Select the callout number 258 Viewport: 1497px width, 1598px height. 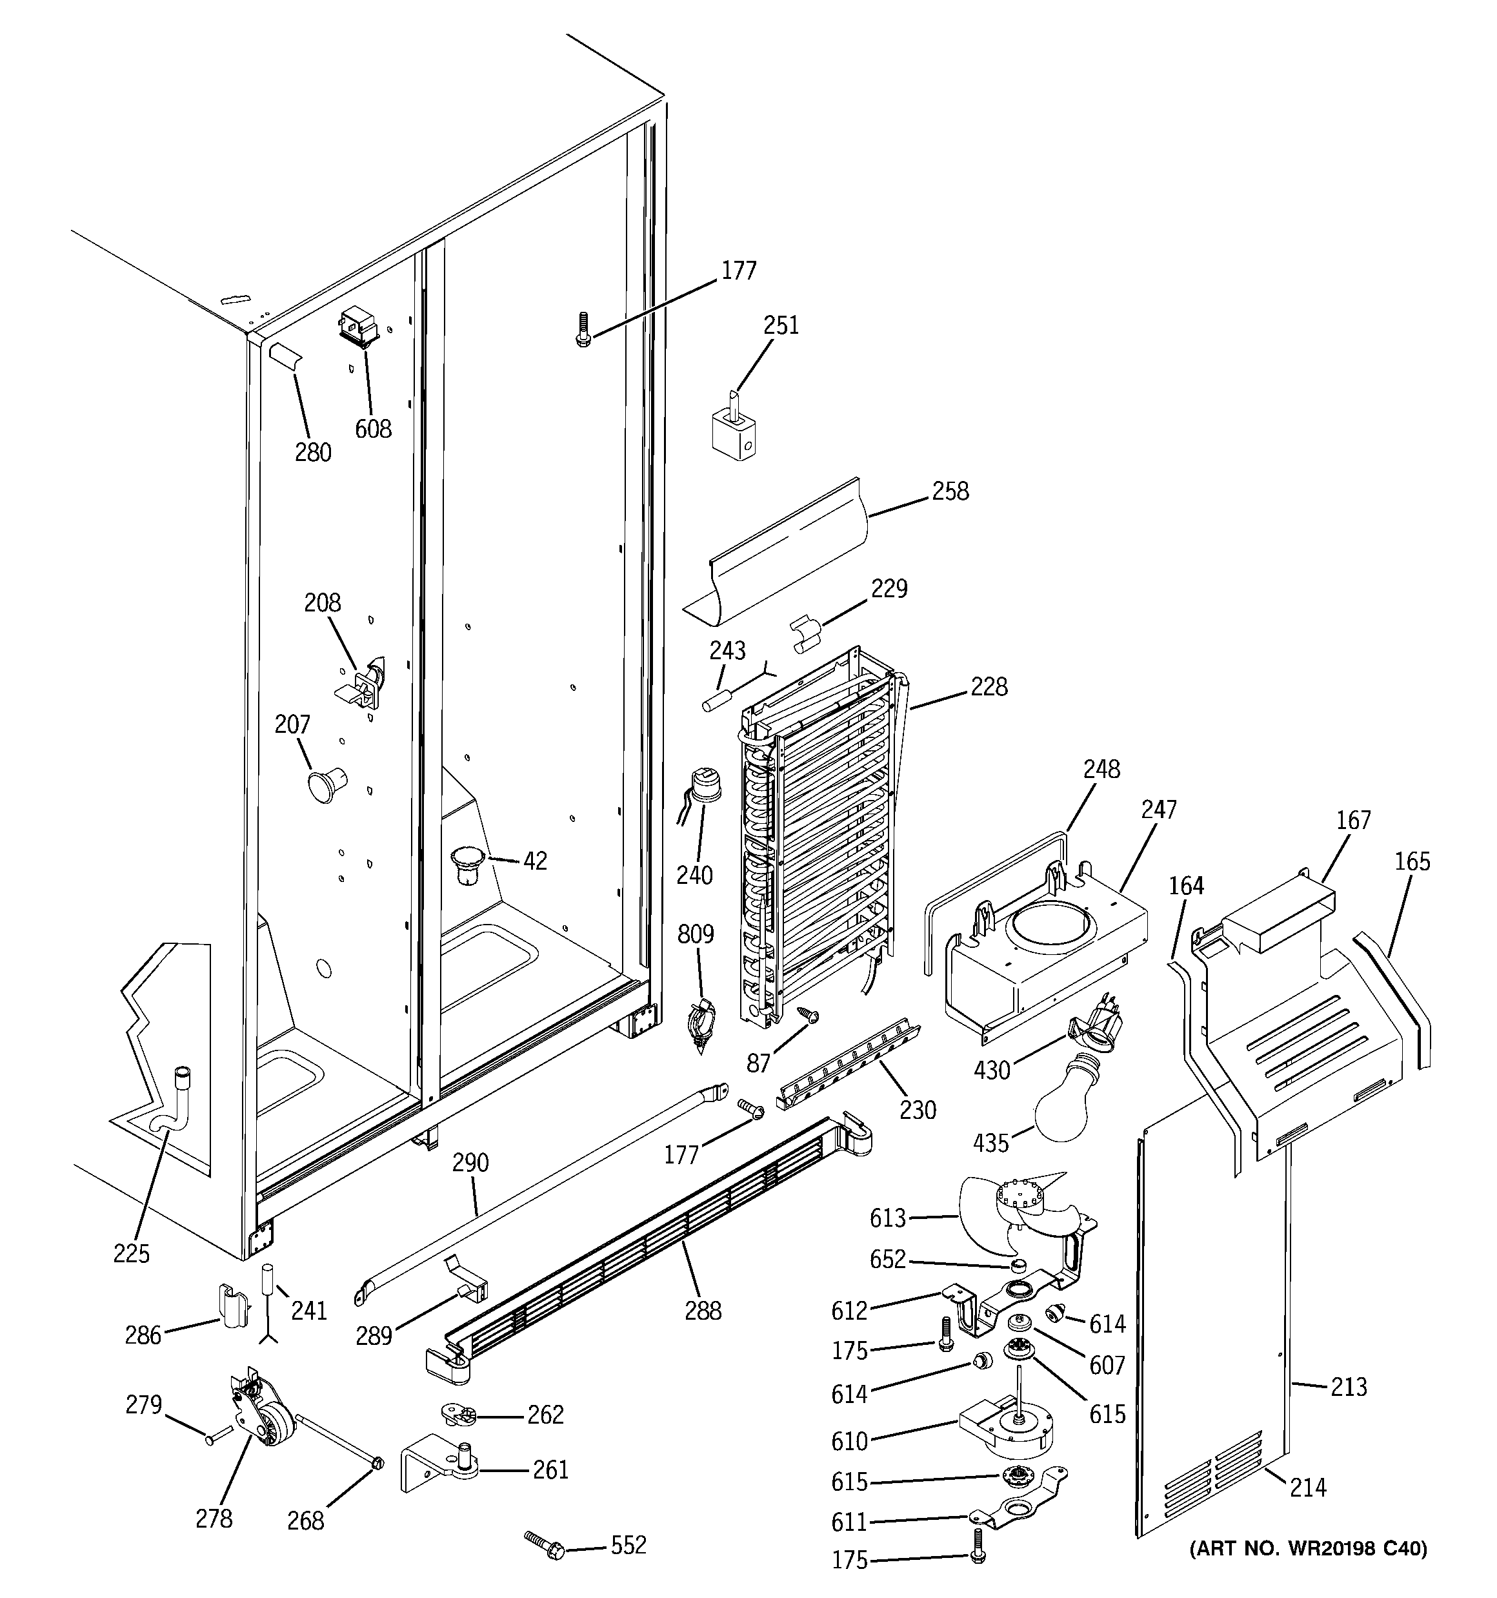(950, 491)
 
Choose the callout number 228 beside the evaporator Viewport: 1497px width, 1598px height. (989, 686)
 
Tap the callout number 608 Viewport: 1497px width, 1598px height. (373, 429)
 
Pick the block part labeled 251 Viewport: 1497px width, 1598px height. (734, 433)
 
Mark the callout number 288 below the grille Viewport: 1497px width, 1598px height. (703, 1311)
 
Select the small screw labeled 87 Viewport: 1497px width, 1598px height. (807, 1014)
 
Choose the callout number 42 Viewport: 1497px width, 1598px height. (534, 861)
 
